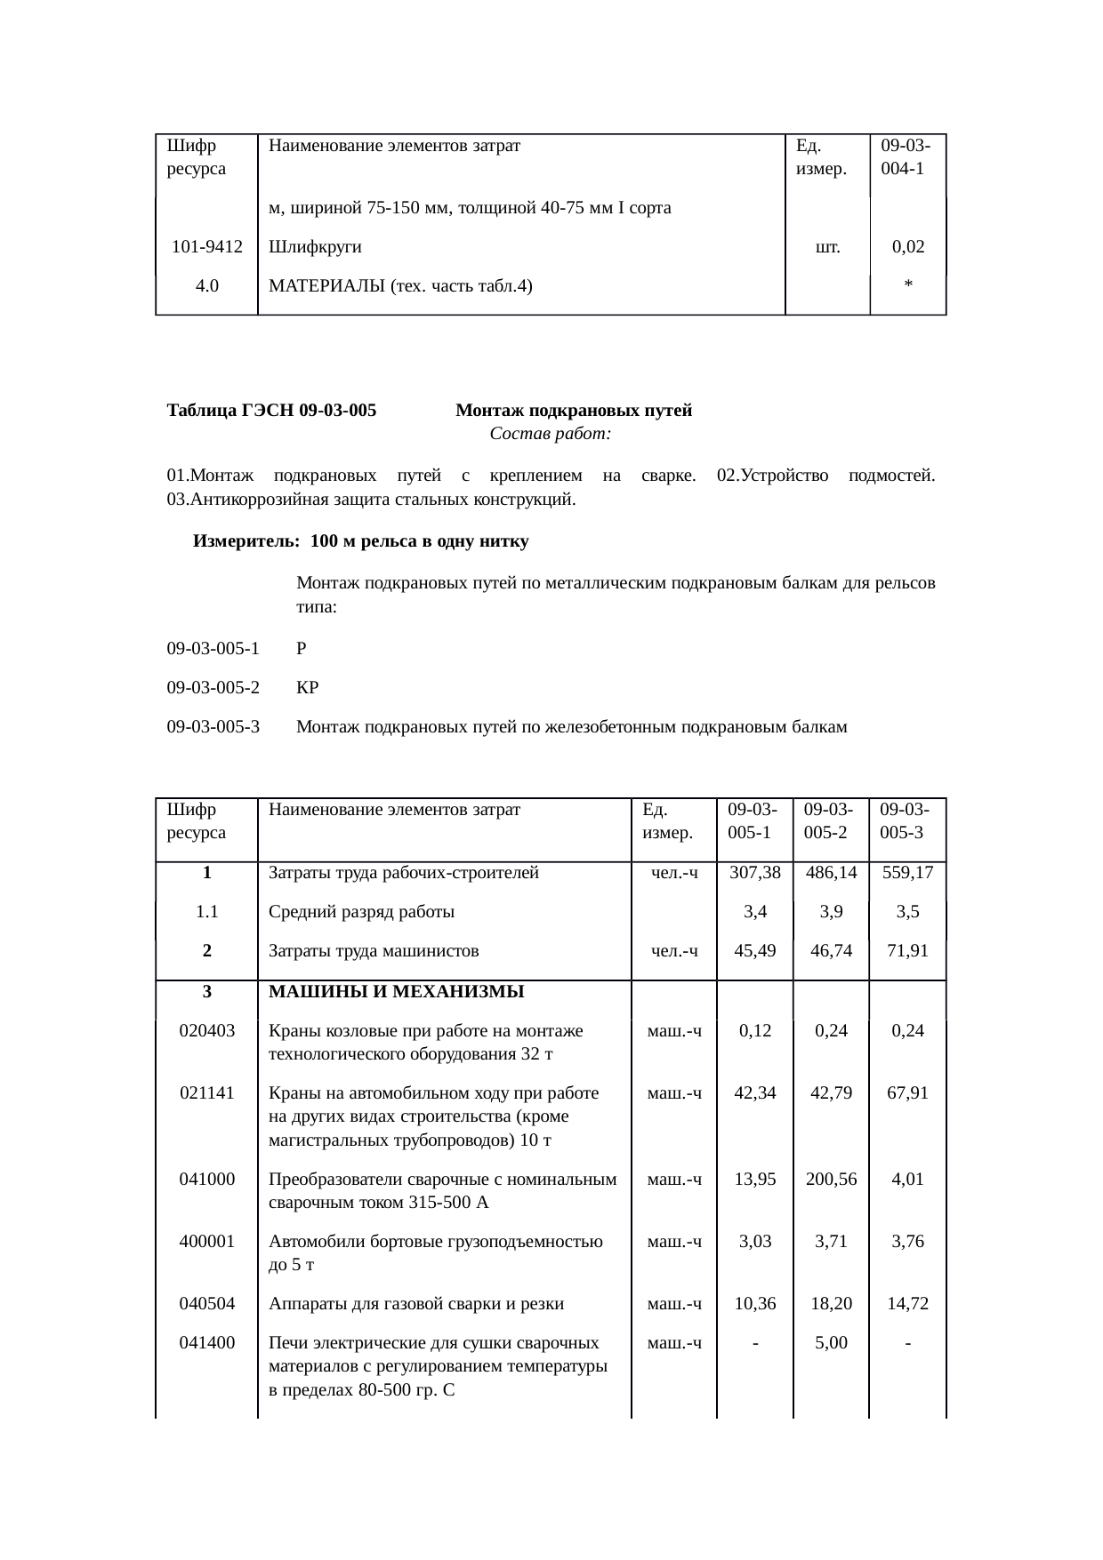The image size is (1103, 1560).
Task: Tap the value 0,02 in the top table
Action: tap(907, 247)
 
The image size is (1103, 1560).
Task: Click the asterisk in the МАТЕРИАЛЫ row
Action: tap(907, 285)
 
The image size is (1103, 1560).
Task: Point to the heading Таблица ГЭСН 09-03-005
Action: tap(271, 411)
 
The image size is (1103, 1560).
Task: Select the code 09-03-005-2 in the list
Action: tap(213, 688)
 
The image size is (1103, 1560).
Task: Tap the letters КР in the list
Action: tap(307, 688)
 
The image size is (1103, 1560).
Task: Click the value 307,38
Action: tap(754, 873)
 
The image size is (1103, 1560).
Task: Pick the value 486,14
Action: tap(831, 873)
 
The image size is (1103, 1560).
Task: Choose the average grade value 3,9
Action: tap(831, 912)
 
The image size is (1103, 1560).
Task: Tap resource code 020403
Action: tap(206, 1031)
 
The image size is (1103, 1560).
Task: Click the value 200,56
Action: tap(831, 1180)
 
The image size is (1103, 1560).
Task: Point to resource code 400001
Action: tap(206, 1242)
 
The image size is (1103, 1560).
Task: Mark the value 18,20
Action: tap(831, 1304)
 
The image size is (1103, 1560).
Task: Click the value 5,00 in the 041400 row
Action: tap(831, 1343)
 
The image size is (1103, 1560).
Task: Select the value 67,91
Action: tap(907, 1093)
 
